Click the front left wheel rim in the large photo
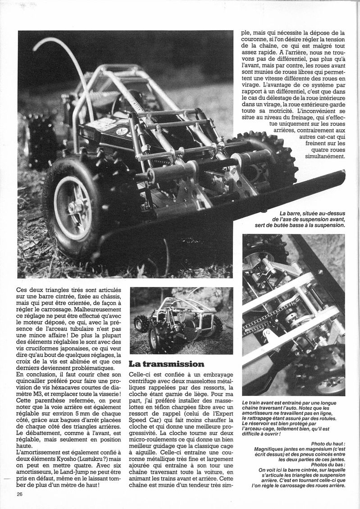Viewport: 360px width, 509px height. pyautogui.click(x=73, y=208)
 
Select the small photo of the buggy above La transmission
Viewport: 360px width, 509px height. pyautogui.click(x=181, y=321)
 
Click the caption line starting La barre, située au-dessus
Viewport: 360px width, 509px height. pyautogui.click(x=311, y=213)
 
